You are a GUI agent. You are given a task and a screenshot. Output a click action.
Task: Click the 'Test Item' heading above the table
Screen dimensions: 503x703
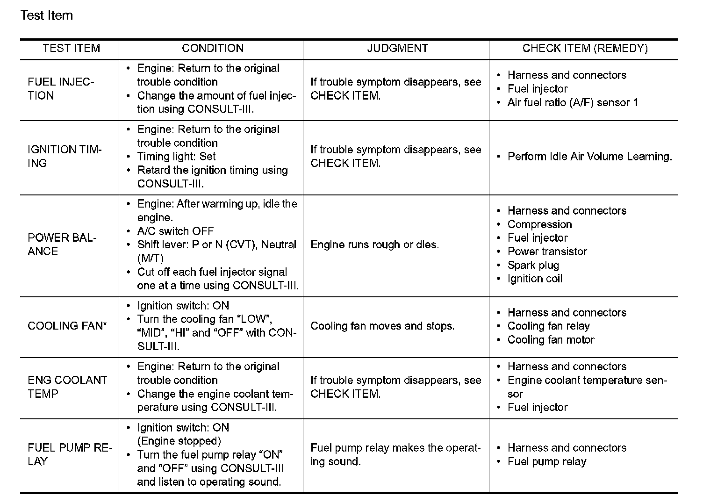pos(47,15)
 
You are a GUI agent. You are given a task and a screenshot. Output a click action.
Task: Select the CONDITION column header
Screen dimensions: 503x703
pos(212,49)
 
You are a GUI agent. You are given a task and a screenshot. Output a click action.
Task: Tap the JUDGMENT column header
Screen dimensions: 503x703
pos(397,49)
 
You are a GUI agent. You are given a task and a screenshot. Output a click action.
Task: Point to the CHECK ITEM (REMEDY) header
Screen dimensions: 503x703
pos(585,49)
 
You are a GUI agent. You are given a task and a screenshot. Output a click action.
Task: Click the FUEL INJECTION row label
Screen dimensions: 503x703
pos(61,89)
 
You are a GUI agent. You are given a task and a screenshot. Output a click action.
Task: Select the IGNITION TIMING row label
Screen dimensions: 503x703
pos(65,156)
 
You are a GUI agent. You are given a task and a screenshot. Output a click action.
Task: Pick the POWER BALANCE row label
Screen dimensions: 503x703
pos(62,244)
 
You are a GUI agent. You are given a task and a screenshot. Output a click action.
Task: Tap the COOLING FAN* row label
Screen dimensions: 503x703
pos(67,326)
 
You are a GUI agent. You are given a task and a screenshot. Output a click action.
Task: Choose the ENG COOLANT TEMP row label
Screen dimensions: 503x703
pos(67,387)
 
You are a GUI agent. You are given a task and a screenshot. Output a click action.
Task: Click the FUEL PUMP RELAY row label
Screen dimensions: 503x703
pos(70,454)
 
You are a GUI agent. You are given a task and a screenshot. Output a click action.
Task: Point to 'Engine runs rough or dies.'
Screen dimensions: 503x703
pos(374,245)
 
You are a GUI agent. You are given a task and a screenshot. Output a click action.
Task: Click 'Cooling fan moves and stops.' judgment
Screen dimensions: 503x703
pos(382,326)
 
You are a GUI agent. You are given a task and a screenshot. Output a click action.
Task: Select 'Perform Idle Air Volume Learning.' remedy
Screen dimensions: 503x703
pos(589,157)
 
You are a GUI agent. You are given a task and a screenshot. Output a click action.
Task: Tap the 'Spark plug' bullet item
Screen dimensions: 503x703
pos(533,265)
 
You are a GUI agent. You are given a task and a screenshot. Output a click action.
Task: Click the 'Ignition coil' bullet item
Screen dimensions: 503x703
pos(535,279)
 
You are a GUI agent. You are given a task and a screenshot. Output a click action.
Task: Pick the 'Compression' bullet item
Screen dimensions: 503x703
pos(539,224)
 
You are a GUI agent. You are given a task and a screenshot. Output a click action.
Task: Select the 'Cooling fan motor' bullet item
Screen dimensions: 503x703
pos(551,340)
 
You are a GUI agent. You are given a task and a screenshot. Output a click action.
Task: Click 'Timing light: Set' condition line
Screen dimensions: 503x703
pos(176,157)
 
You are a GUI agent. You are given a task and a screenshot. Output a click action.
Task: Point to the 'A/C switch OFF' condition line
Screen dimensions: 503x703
pos(175,231)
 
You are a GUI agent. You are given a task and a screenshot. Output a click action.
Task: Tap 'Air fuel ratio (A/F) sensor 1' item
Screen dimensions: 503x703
pos(573,102)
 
